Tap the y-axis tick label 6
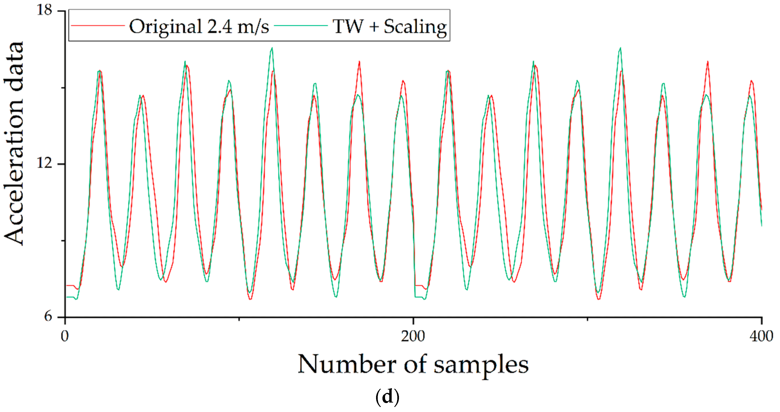pos(48,316)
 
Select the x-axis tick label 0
pos(65,336)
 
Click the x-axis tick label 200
pos(413,336)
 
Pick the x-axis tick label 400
pos(761,336)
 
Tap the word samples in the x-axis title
pos(481,365)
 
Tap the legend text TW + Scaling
pos(389,26)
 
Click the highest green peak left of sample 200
pos(272,48)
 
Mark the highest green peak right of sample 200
pos(620,48)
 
